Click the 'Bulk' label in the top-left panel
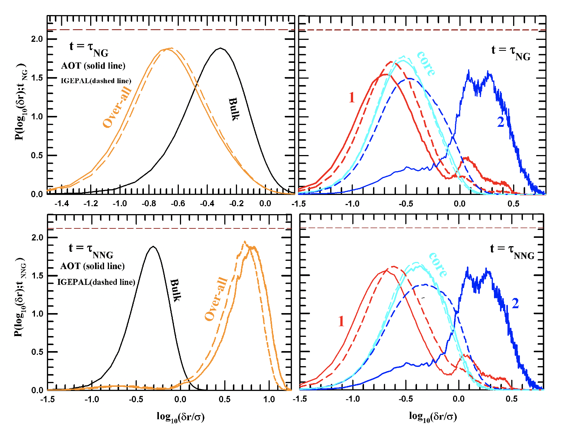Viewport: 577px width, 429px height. [x=234, y=109]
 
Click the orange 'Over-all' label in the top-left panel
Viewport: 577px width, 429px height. [x=117, y=107]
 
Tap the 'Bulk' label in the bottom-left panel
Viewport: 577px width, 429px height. [x=175, y=290]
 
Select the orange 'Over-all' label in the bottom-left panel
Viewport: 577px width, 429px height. [x=216, y=299]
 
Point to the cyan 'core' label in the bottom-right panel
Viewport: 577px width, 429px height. [x=438, y=265]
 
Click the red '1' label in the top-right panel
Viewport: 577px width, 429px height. [x=352, y=97]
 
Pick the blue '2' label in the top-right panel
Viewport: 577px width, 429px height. [x=501, y=122]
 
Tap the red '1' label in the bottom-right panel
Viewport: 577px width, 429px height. [x=341, y=321]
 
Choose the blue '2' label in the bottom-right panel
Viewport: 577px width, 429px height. [x=515, y=303]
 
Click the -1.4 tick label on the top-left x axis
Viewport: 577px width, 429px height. [x=62, y=204]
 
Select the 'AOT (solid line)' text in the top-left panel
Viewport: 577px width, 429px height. [x=93, y=66]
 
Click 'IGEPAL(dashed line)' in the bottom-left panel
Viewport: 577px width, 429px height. [x=96, y=282]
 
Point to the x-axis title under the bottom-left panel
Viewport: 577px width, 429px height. [x=180, y=417]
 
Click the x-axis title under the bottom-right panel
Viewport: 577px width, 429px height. [x=433, y=416]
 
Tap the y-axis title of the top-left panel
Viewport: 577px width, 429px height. [x=21, y=102]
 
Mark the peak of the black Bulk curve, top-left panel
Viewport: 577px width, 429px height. [x=221, y=48]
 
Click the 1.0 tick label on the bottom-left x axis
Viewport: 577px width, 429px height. [x=269, y=399]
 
